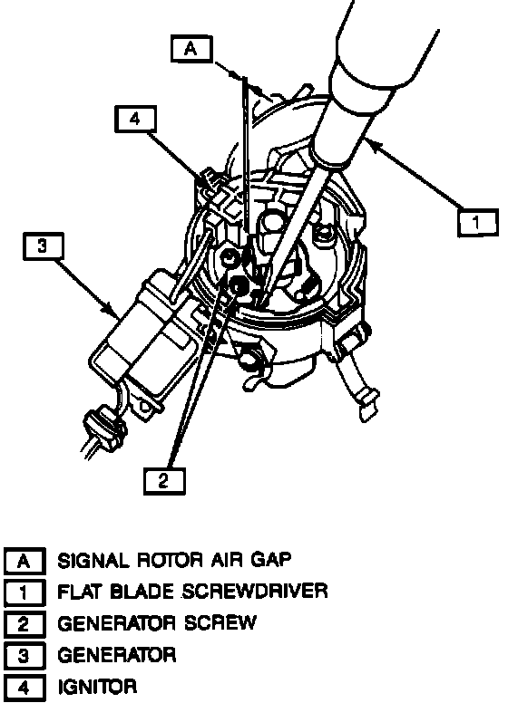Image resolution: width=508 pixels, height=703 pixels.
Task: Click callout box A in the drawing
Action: (190, 49)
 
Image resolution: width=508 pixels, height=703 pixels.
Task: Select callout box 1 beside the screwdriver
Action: (478, 223)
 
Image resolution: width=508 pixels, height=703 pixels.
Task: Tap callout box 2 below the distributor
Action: (164, 481)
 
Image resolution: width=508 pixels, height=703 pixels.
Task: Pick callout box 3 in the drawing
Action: (43, 246)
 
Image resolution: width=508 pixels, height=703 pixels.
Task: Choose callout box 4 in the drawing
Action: (135, 120)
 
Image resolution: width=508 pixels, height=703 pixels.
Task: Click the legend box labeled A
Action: (24, 561)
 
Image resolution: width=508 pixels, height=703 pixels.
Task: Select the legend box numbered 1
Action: (24, 592)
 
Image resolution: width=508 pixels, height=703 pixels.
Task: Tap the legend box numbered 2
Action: (24, 624)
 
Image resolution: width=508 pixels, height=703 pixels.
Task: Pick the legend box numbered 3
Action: (24, 657)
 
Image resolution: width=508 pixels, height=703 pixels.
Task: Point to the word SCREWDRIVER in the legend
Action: (255, 592)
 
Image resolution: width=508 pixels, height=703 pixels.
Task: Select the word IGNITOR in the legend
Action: (97, 687)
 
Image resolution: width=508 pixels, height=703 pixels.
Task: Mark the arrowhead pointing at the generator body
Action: (110, 309)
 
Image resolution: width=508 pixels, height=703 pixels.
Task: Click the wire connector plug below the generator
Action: (103, 429)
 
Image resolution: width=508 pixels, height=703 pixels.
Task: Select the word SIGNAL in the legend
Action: (93, 561)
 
